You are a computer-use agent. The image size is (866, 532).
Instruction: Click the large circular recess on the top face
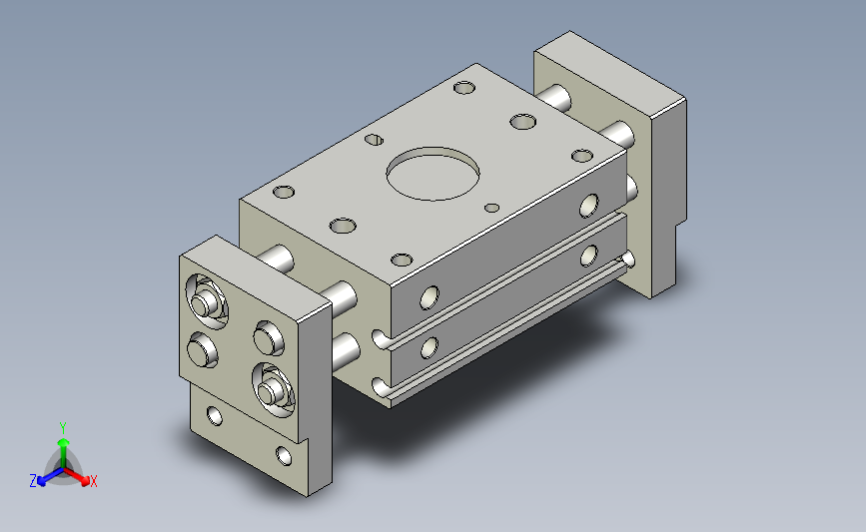[433, 174]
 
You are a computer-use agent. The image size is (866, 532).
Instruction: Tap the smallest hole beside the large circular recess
[491, 208]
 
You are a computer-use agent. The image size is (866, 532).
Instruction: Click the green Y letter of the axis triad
[63, 428]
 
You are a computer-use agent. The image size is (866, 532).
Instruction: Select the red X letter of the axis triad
[93, 481]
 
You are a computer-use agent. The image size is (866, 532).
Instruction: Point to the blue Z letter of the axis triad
[33, 481]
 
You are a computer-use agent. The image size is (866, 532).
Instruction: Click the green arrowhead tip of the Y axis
[64, 441]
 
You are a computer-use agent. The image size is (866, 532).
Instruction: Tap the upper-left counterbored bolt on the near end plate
[206, 301]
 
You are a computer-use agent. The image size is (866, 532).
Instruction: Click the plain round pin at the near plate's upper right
[269, 337]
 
